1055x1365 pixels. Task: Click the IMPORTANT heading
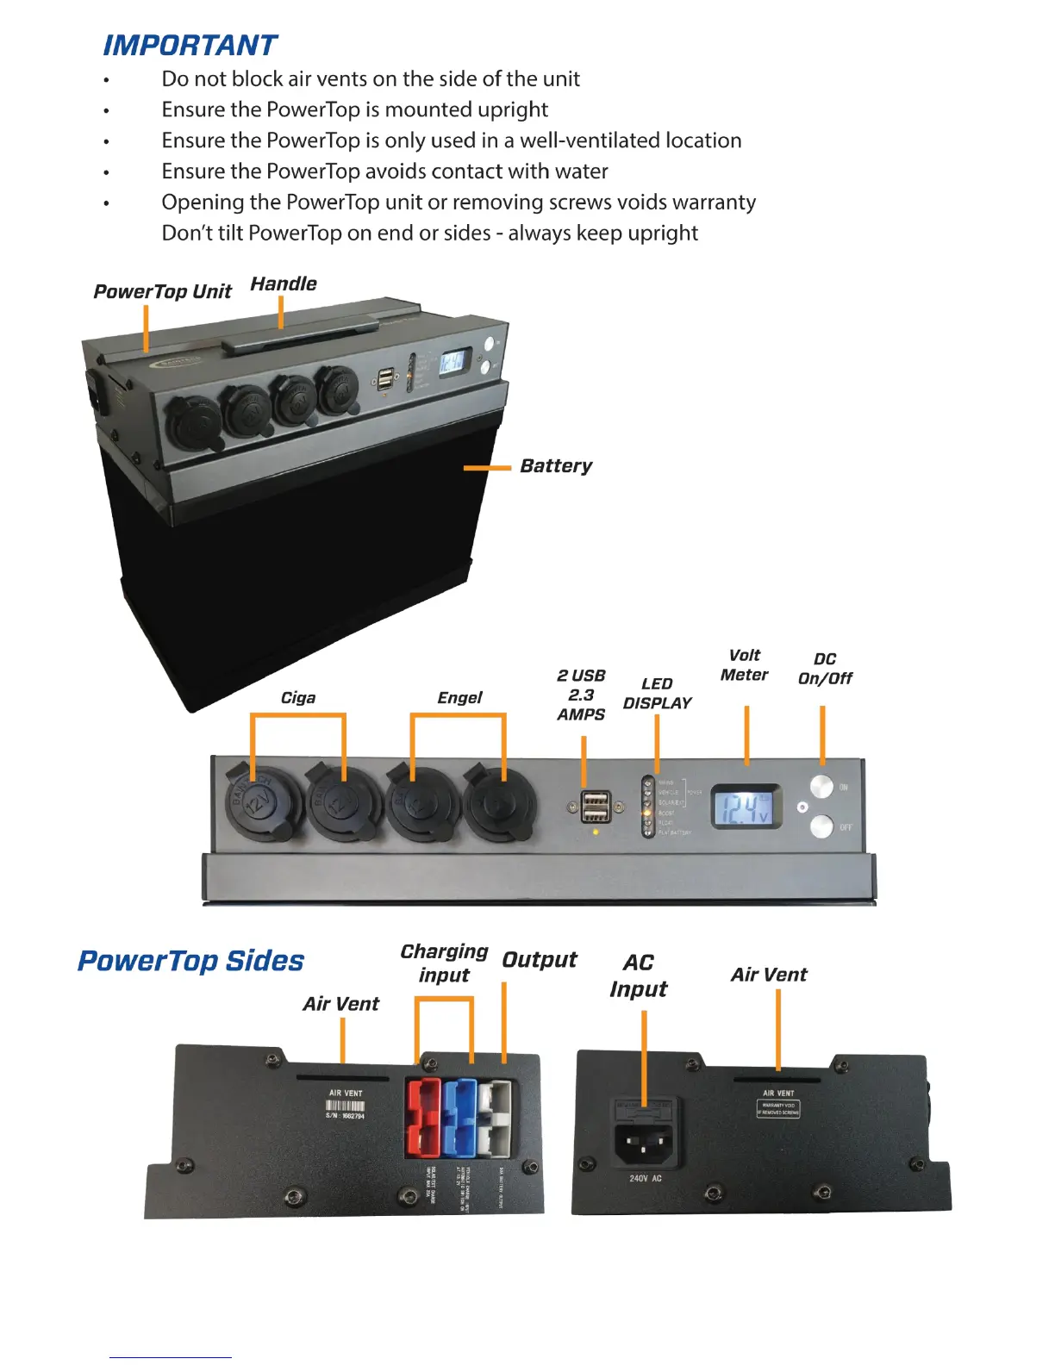(x=190, y=45)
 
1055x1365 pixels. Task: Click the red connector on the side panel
(x=422, y=1117)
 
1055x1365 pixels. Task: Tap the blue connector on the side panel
(x=459, y=1117)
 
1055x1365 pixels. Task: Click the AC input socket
(x=643, y=1140)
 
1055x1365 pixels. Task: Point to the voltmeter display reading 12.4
(x=745, y=807)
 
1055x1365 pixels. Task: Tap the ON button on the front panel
(x=822, y=786)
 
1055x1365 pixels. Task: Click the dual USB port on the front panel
(x=596, y=807)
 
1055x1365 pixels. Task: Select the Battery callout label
(x=556, y=466)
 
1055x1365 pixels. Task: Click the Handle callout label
(x=284, y=284)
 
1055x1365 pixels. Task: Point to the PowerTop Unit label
(x=162, y=291)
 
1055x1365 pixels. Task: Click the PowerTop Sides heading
(x=190, y=961)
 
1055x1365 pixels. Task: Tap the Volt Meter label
(x=744, y=665)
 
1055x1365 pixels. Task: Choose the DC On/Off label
(x=825, y=669)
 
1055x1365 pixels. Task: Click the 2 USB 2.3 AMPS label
(x=581, y=695)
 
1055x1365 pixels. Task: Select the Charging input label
(x=444, y=963)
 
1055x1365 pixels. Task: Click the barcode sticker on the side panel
(x=345, y=1106)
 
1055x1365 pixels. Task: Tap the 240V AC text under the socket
(x=646, y=1178)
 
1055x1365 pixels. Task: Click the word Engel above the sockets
(x=459, y=697)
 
